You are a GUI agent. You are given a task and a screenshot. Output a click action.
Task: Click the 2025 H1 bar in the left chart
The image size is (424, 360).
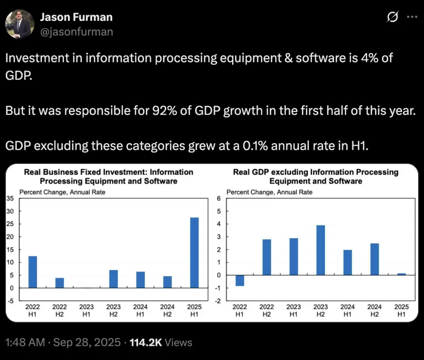point(194,253)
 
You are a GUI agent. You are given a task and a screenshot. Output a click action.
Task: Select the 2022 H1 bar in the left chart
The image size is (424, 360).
point(33,272)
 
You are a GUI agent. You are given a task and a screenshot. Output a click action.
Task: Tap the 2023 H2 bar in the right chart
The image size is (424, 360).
point(320,250)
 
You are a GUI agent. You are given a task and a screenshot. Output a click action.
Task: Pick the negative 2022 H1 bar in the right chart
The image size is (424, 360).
point(240,280)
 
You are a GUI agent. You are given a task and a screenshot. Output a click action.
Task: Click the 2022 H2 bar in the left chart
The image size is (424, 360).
point(60,283)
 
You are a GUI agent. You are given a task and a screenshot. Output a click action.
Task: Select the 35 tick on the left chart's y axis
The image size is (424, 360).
point(10,198)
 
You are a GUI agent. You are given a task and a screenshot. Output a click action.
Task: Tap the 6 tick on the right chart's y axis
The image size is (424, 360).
point(219,198)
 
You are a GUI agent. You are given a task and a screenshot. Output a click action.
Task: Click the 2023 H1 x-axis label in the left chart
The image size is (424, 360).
point(86,310)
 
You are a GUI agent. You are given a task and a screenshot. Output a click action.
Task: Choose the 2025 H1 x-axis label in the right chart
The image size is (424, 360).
point(401,310)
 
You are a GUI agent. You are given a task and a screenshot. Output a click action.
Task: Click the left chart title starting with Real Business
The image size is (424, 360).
point(109,176)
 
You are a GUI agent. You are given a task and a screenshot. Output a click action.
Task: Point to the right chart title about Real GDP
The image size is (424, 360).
point(316,176)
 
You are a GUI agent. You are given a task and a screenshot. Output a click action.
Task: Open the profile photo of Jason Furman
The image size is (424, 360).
point(20,24)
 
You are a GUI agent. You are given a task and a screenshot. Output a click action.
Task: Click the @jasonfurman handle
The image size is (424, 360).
point(77,31)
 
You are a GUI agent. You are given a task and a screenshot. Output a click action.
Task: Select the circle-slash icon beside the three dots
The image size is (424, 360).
point(393,17)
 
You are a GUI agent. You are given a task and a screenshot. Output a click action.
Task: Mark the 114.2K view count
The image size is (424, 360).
point(146,342)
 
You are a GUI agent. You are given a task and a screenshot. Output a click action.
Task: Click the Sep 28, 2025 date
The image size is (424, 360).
point(87,342)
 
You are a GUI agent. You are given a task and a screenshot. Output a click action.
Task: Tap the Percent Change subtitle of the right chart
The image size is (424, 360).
point(269,192)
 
